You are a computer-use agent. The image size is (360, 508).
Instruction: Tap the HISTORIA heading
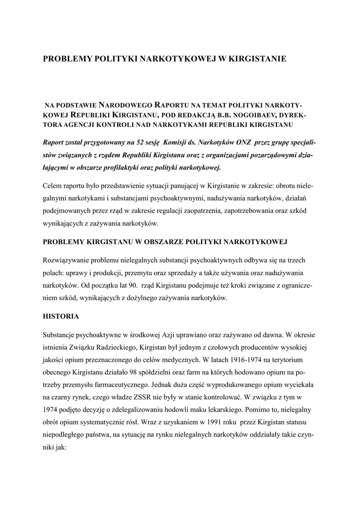(x=61, y=316)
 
